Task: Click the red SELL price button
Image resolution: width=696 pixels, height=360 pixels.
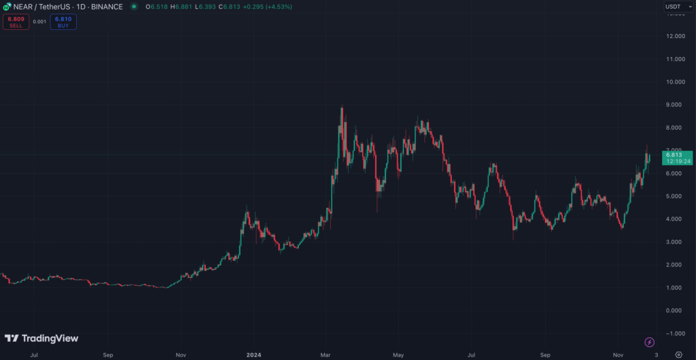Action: [x=15, y=22]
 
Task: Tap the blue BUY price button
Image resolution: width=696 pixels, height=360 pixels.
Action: [x=63, y=22]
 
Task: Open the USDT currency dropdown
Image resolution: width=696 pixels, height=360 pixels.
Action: [x=673, y=7]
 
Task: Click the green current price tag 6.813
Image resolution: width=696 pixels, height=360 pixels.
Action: [x=678, y=158]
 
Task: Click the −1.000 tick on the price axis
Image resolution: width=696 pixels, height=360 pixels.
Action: [x=673, y=334]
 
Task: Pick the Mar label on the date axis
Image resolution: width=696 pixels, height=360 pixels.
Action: [x=326, y=355]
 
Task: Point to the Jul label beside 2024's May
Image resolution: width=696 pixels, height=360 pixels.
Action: [x=471, y=355]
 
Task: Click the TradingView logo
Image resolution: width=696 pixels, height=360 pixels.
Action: [x=41, y=338]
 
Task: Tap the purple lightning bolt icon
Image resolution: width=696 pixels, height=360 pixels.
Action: [x=649, y=342]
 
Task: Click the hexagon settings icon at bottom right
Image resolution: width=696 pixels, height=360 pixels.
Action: [x=678, y=355]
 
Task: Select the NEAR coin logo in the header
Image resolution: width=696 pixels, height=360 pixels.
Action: [x=7, y=7]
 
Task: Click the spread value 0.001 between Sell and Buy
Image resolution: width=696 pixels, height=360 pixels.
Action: [x=39, y=22]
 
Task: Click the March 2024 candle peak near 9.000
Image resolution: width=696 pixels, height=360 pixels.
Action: [x=341, y=108]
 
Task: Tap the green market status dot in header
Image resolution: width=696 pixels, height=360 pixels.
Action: [x=133, y=7]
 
